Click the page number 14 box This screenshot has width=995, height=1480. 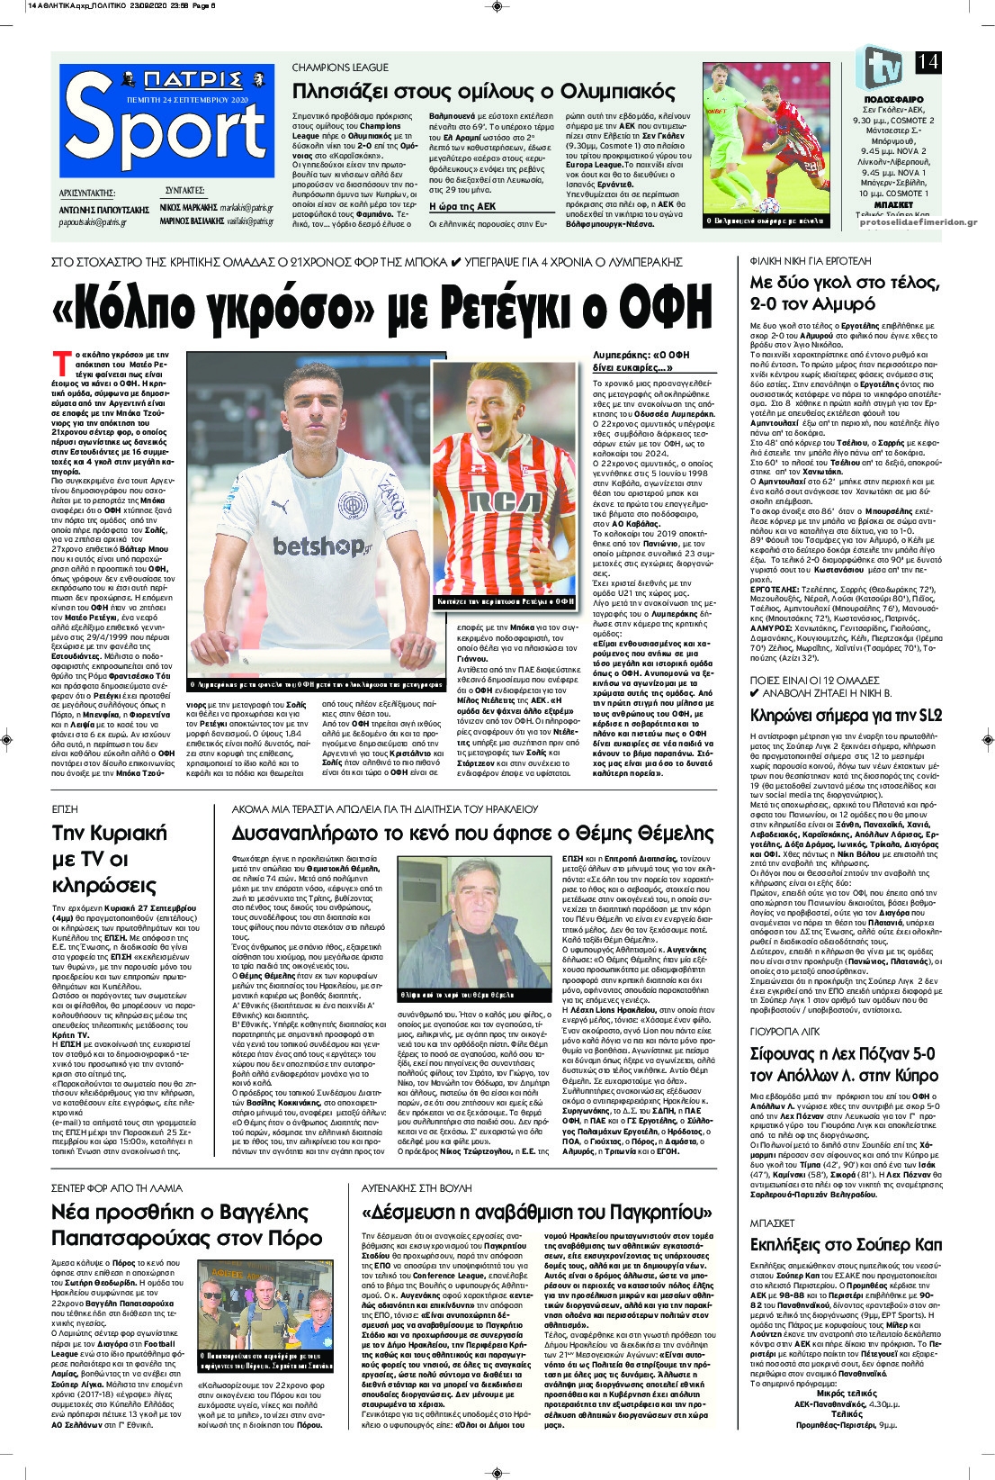pyautogui.click(x=928, y=61)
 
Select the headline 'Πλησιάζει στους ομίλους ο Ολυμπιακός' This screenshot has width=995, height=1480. pyautogui.click(x=484, y=92)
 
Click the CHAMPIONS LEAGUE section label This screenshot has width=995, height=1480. pyautogui.click(x=340, y=68)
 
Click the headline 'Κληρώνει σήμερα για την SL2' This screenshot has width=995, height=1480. pyautogui.click(x=846, y=716)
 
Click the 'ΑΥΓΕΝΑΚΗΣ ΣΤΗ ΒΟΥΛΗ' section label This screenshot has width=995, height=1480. pyautogui.click(x=416, y=1188)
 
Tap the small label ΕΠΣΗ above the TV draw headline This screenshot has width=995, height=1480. pyautogui.click(x=65, y=809)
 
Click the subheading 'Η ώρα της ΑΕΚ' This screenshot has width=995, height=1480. pyautogui.click(x=462, y=206)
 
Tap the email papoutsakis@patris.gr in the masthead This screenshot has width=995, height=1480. pyautogui.click(x=93, y=221)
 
